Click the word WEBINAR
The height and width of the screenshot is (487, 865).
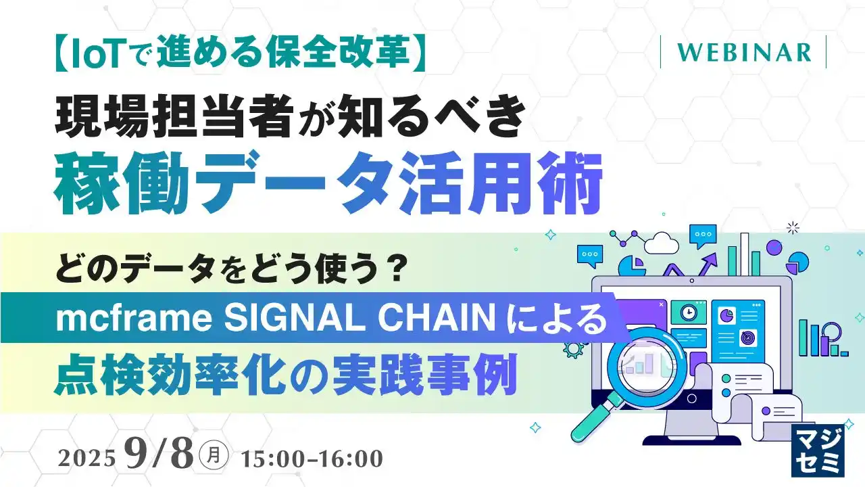[743, 53]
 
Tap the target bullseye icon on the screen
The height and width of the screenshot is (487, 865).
[747, 335]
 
